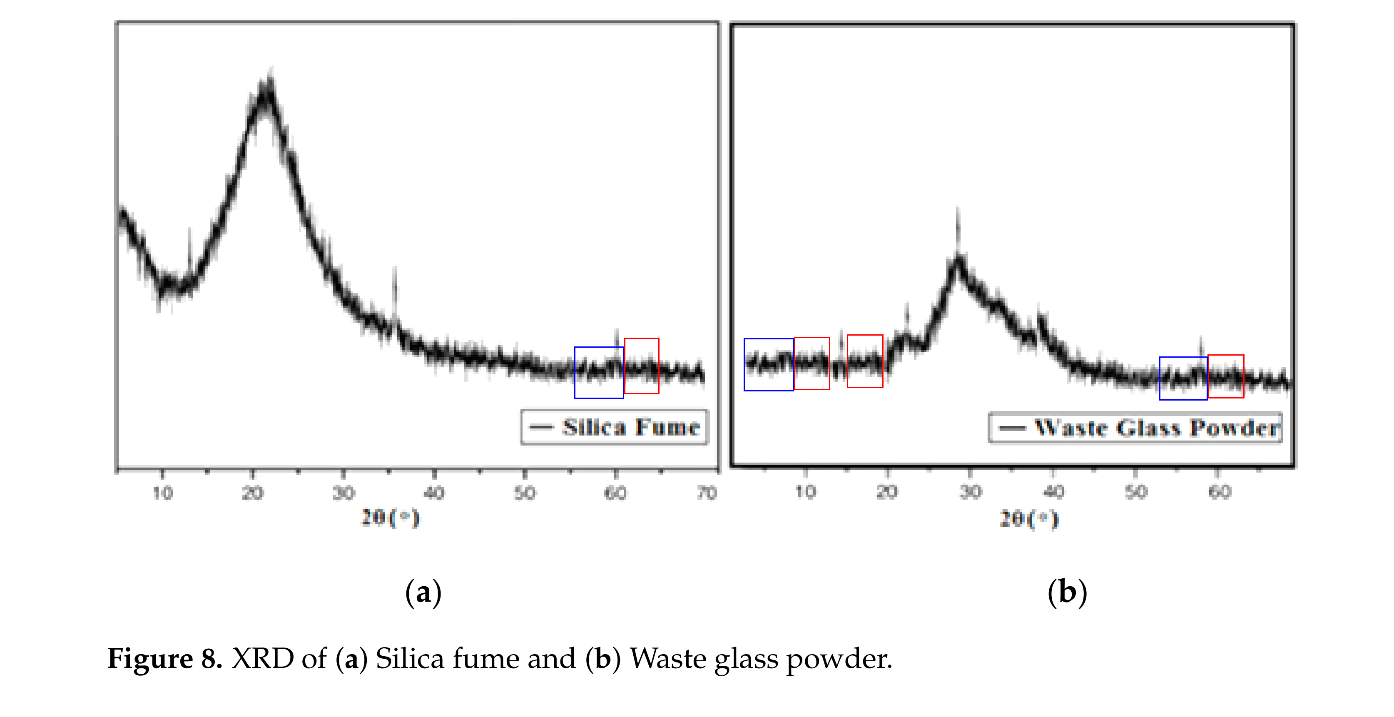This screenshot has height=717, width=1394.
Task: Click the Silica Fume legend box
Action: [x=614, y=427]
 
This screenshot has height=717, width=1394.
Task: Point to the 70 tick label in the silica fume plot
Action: [x=707, y=493]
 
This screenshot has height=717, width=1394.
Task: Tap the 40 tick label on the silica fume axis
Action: [x=434, y=493]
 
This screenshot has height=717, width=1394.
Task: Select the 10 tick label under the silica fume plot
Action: [x=162, y=493]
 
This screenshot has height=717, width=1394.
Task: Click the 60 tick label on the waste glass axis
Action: [x=1220, y=491]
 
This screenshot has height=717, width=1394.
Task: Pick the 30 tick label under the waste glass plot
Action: [x=970, y=491]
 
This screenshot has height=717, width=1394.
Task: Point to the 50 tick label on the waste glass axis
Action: [x=1136, y=491]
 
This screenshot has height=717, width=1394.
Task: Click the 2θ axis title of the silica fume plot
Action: [x=390, y=518]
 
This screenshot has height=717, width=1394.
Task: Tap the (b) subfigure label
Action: [x=1067, y=592]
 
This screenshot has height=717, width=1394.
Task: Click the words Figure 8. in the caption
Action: [x=164, y=659]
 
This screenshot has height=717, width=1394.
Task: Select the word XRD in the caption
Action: [x=262, y=659]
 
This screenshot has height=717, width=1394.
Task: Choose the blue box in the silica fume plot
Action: [x=598, y=372]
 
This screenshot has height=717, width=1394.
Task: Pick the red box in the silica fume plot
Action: [x=642, y=366]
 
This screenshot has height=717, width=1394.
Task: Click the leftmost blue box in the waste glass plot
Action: [x=769, y=364]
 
